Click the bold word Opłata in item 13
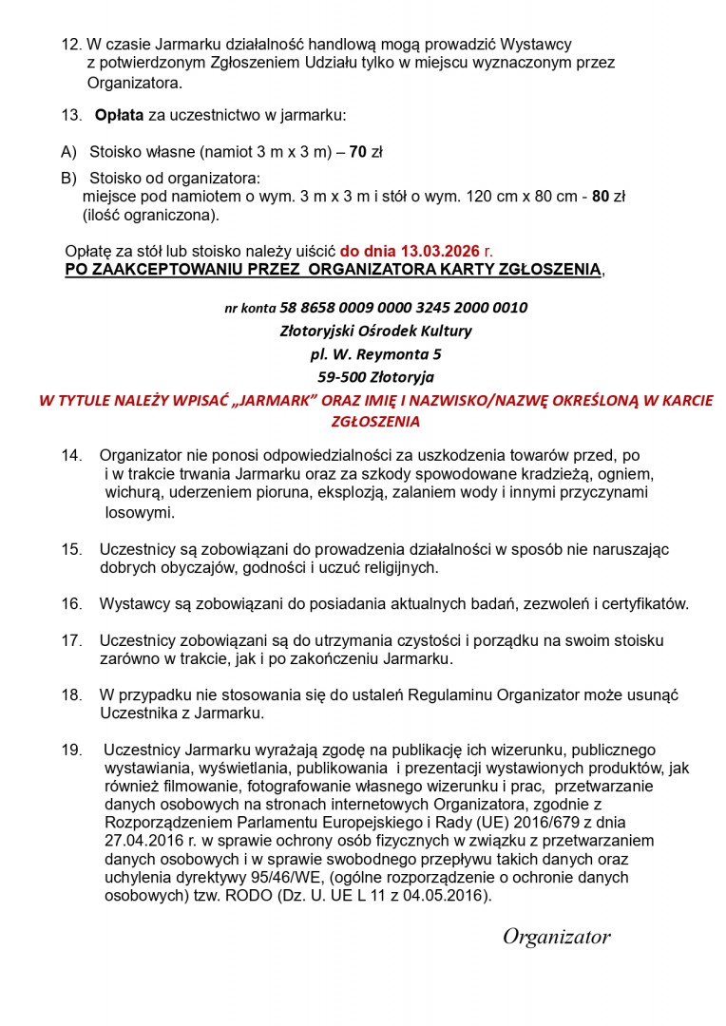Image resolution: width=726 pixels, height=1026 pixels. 119,116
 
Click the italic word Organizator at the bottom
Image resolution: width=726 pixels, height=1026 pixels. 556,938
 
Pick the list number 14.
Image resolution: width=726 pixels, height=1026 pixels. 72,455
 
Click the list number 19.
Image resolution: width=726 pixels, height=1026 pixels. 72,750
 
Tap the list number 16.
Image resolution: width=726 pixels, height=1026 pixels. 72,603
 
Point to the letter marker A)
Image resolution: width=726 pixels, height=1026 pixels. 68,151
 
